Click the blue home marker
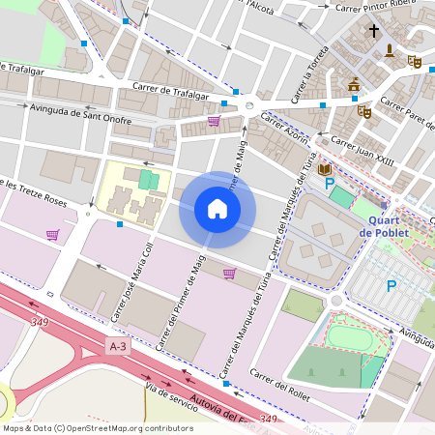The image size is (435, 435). tap(217, 209)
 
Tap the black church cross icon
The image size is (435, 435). tap(374, 31)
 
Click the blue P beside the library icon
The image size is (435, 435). tap(330, 182)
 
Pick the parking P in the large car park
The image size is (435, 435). tap(391, 285)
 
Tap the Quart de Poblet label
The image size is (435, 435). tap(383, 225)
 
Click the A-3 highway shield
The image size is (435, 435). tap(118, 346)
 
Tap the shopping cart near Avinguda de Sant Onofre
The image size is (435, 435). tap(213, 121)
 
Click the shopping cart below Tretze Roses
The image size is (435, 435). tap(52, 234)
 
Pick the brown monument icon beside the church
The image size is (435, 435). tap(391, 50)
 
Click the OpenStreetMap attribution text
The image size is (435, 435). tap(98, 428)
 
